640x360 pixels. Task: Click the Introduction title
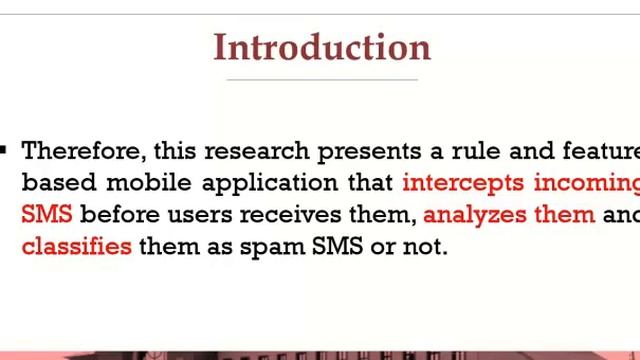point(322,47)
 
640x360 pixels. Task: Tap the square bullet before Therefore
point(3,149)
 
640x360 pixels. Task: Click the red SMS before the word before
point(47,214)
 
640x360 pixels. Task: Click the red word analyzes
point(479,214)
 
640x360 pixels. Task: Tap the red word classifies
point(76,245)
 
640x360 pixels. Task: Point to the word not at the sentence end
point(423,245)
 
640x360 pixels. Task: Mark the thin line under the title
point(322,79)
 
